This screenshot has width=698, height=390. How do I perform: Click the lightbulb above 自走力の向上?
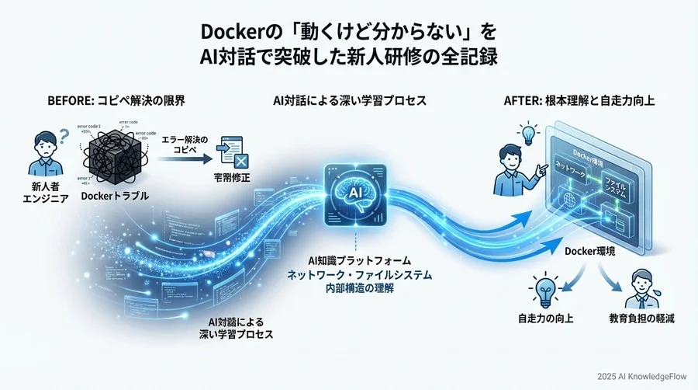(544, 289)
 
